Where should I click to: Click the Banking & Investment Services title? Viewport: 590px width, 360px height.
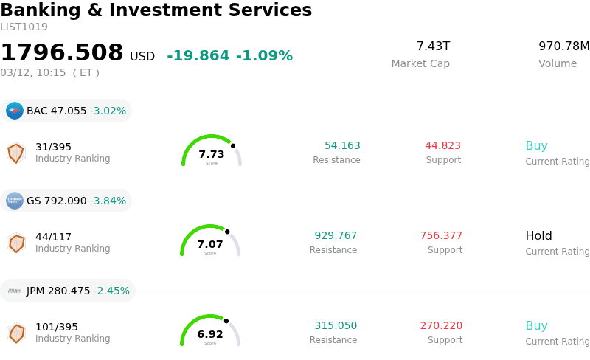(x=156, y=10)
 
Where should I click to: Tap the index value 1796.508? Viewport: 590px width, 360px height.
(x=62, y=53)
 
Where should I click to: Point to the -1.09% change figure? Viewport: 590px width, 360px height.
(x=264, y=56)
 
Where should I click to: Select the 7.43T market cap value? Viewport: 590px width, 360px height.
(x=433, y=46)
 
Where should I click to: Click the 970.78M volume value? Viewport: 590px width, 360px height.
(x=563, y=46)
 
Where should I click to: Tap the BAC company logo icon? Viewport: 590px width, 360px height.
(x=15, y=111)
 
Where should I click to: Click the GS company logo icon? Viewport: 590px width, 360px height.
(x=15, y=201)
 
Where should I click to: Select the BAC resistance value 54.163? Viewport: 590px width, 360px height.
(x=342, y=146)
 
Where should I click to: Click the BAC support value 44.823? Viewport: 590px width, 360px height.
(x=442, y=146)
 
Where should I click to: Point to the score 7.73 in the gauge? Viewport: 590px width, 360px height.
(x=212, y=154)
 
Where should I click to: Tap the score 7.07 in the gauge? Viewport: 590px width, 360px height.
(x=210, y=244)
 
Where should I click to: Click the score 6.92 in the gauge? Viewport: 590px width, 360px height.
(x=210, y=334)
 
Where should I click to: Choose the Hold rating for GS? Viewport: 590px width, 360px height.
(x=538, y=236)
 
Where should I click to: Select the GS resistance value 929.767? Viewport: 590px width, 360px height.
(x=336, y=236)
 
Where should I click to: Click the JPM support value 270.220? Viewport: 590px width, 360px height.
(x=441, y=326)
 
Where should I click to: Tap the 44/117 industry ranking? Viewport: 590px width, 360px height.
(x=54, y=237)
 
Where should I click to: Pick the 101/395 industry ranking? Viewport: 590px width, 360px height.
(x=57, y=327)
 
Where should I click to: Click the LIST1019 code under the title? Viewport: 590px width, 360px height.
(x=24, y=27)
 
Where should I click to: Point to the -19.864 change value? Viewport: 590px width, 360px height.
(x=198, y=56)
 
